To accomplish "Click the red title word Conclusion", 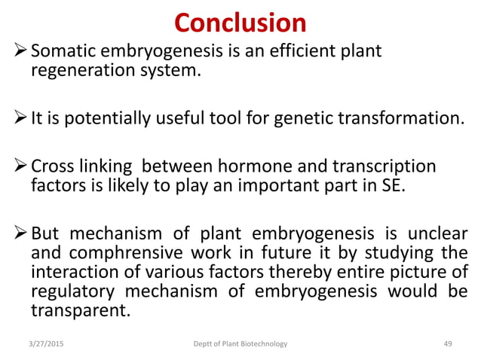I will [x=240, y=22].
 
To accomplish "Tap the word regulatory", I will [x=69, y=291].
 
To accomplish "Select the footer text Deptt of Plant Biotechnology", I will [x=240, y=344].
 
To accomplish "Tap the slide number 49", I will [x=447, y=344].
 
